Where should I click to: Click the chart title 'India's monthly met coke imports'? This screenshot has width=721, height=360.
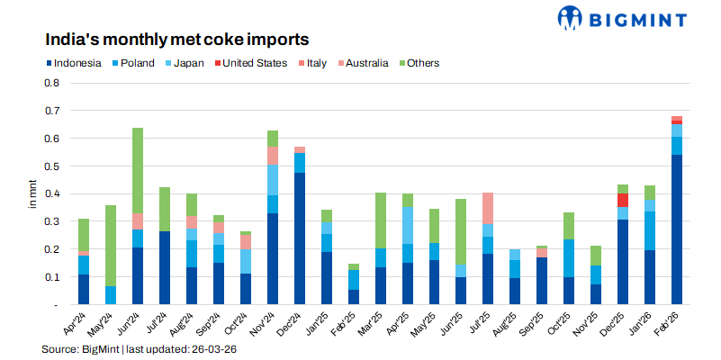[x=177, y=40]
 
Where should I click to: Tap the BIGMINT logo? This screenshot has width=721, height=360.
[x=622, y=18]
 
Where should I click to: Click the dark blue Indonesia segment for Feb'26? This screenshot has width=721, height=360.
[x=677, y=229]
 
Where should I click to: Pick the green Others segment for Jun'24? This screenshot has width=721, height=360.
[x=138, y=170]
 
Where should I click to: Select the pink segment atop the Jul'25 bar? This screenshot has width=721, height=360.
[x=488, y=208]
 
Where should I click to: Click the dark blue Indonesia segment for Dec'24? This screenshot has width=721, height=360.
[x=299, y=238]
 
